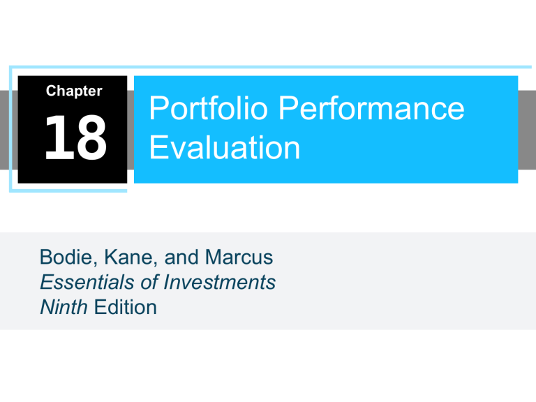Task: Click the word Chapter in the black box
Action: click(74, 91)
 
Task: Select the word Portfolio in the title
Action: click(198, 110)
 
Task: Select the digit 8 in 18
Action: click(89, 138)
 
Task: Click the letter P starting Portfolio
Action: click(158, 110)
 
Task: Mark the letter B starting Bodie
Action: click(46, 260)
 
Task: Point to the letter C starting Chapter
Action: click(50, 91)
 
